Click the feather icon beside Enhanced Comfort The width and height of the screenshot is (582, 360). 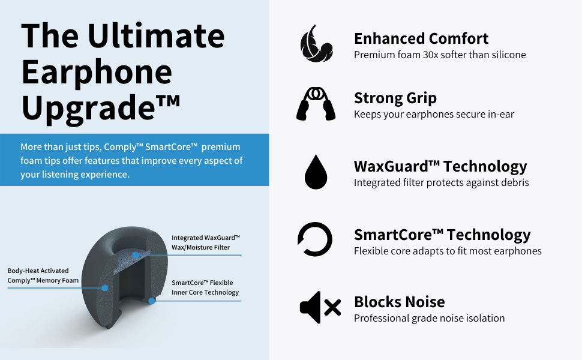[316, 44]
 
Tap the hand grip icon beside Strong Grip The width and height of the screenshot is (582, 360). [316, 104]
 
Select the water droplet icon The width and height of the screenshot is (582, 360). [316, 172]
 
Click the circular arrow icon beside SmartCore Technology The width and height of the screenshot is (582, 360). [315, 239]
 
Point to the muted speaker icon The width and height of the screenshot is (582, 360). [320, 307]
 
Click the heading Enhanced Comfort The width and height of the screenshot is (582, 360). [421, 38]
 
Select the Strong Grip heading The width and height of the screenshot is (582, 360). [395, 98]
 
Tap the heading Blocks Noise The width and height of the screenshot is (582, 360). [400, 302]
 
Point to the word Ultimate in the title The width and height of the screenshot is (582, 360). [156, 36]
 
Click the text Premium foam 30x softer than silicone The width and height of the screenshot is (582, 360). [440, 55]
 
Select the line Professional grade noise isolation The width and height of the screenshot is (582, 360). [430, 319]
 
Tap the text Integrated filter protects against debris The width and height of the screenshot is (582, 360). [442, 182]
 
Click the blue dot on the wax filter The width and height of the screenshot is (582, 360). [136, 255]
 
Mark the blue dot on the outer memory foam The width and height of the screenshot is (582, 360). [105, 287]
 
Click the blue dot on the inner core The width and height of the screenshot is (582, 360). [151, 301]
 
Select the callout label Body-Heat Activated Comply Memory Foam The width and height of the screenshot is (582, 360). [43, 276]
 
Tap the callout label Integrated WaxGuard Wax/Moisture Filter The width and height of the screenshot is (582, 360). [206, 243]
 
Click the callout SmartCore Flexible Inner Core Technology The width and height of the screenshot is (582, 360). [205, 287]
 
